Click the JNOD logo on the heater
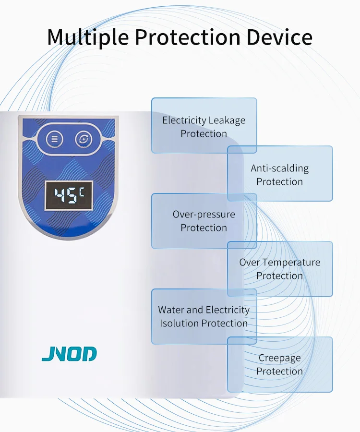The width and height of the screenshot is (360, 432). coord(69,354)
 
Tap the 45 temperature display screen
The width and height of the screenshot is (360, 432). coord(69,195)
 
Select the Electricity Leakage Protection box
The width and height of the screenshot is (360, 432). coord(204,126)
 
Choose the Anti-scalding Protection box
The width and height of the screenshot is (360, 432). coord(280,174)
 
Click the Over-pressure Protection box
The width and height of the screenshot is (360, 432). coord(204,221)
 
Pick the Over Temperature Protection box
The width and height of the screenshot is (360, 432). coord(280,269)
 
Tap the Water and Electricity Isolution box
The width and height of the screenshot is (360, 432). coord(204,316)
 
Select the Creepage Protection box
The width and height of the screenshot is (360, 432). coord(280,364)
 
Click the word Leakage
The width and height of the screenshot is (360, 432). coord(227,120)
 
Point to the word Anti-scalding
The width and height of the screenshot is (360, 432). coord(280,168)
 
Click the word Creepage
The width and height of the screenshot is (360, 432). coord(280,358)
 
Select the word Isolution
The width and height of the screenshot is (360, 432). coord(180,323)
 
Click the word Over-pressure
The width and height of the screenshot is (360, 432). coord(204,215)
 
